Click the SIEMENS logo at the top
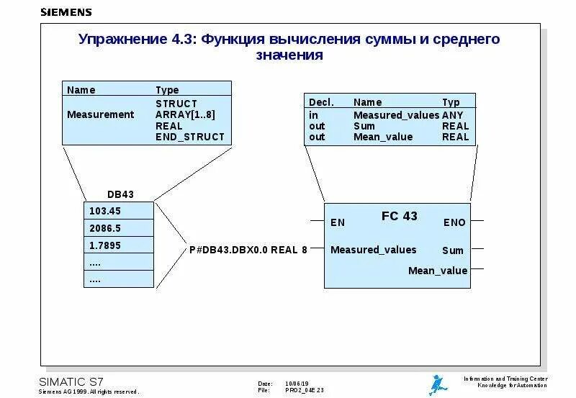[x=66, y=12]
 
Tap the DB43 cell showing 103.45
[x=119, y=210]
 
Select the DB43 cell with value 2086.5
[x=119, y=227]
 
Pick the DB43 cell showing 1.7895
[x=119, y=245]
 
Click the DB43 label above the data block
[x=120, y=194]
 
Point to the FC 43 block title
[x=399, y=216]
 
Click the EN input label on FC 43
[x=338, y=222]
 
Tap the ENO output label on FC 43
[x=454, y=222]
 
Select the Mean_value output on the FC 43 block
[x=438, y=271]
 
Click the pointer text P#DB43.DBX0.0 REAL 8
[x=248, y=250]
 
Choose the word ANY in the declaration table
[x=453, y=115]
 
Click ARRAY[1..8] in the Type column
[x=185, y=114]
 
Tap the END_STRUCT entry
[x=190, y=137]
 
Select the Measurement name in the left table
[x=100, y=114]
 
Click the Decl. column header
[x=321, y=103]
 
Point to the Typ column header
[x=451, y=103]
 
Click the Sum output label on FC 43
[x=453, y=250]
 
